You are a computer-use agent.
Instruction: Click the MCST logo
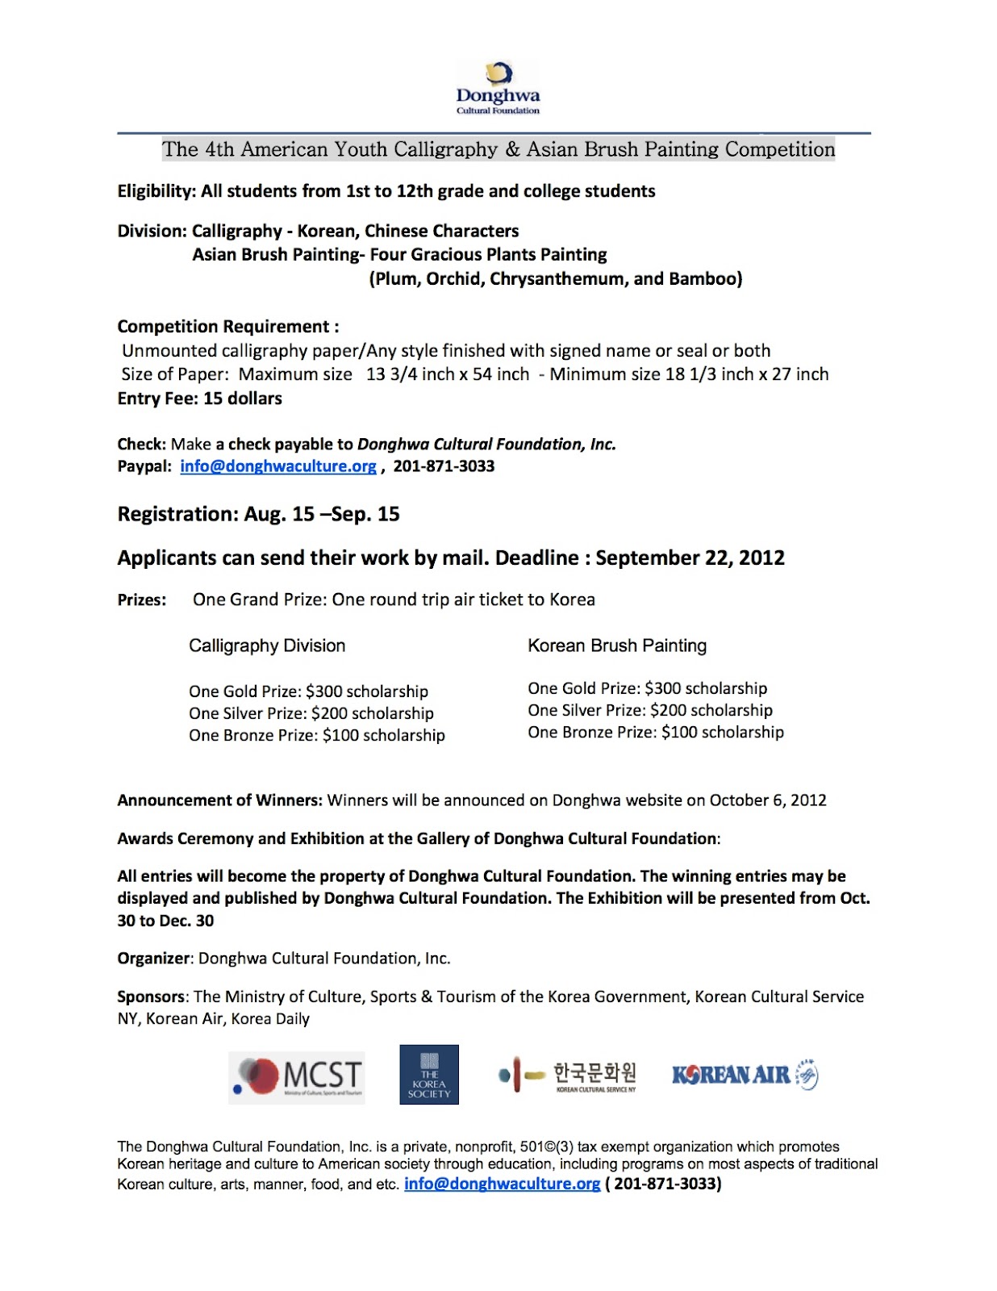click(297, 1077)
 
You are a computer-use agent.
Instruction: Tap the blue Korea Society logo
click(429, 1075)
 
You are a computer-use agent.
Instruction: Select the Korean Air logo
click(745, 1075)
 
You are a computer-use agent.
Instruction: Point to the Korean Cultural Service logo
click(568, 1076)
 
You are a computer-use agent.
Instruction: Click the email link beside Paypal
click(277, 466)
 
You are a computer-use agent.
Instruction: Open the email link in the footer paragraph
click(502, 1184)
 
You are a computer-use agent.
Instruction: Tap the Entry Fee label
click(156, 399)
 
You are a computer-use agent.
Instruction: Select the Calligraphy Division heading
click(267, 645)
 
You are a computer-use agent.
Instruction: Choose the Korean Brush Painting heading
click(617, 645)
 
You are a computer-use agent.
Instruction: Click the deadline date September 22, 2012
click(690, 558)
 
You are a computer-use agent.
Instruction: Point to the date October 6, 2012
click(768, 800)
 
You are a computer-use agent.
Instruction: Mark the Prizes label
click(142, 600)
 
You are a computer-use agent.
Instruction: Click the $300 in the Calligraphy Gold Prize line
click(323, 691)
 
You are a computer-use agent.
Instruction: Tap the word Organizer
click(153, 959)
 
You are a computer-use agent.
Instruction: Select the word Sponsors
click(151, 997)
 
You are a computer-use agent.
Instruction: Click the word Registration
click(176, 515)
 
